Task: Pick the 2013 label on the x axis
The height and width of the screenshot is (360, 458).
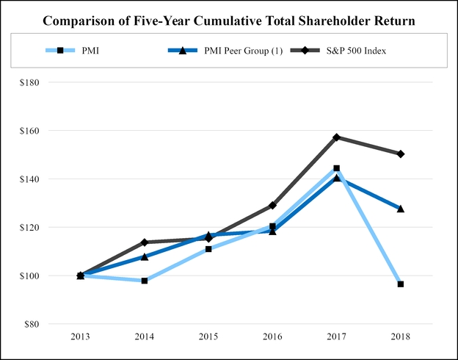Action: tap(80, 336)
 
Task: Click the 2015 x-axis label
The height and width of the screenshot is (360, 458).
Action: tap(208, 336)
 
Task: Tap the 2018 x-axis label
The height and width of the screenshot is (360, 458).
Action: tap(401, 336)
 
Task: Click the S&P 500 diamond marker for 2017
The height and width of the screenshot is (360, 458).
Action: tap(336, 137)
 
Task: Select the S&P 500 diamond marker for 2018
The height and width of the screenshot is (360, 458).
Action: tap(401, 154)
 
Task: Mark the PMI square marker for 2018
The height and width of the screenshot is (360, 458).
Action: tap(401, 284)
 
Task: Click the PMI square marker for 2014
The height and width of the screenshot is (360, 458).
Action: tap(145, 281)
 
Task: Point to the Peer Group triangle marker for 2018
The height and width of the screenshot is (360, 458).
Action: tap(401, 209)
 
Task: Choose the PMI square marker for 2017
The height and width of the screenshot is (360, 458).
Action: tap(336, 168)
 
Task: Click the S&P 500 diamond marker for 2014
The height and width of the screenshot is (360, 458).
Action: tap(145, 242)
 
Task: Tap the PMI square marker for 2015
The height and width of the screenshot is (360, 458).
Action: tap(208, 249)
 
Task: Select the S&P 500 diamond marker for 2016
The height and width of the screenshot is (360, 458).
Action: tap(272, 205)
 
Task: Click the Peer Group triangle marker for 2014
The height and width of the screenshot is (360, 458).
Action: tap(145, 256)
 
